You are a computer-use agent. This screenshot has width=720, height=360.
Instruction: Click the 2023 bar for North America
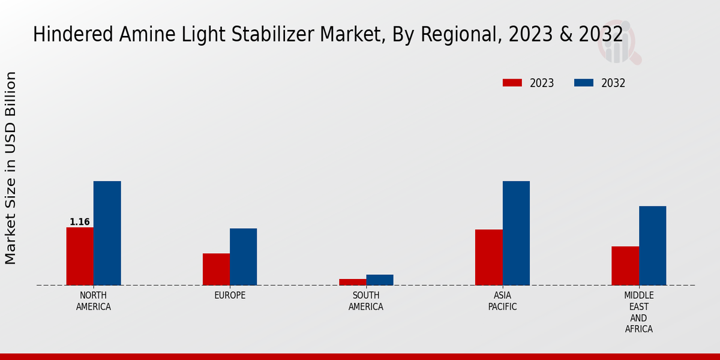pos(80,256)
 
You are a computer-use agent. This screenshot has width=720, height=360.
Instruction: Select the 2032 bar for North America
pos(107,233)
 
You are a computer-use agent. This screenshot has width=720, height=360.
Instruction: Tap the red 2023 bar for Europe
pos(216,269)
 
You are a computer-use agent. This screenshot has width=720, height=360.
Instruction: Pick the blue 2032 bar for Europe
pos(243,256)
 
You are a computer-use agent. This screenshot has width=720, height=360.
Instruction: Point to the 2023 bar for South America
pos(352,282)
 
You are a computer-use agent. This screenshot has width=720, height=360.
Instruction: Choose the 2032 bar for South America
pos(380,280)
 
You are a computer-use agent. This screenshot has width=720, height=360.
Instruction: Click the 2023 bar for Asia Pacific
pos(488,257)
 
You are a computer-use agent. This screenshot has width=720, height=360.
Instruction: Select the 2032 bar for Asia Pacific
pos(516,233)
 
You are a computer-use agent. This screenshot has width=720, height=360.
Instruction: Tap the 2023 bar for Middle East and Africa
pos(625,265)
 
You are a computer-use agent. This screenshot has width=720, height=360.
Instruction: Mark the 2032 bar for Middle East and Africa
pos(652,245)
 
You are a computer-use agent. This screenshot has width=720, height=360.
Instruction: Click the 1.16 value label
pos(80,222)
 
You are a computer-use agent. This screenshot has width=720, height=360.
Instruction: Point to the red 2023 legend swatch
pos(512,83)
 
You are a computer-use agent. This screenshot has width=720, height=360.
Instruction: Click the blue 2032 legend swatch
pos(584,83)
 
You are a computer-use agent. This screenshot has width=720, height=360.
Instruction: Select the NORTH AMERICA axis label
pos(94,301)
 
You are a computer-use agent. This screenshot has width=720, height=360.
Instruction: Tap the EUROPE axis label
pos(230,296)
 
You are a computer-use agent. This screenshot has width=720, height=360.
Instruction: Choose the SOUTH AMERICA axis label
pos(366,301)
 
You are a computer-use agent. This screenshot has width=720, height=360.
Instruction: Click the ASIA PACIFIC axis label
pos(502,301)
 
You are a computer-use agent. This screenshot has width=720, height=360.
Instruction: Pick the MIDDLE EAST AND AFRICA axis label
pos(639,312)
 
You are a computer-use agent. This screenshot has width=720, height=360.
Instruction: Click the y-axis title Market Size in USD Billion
pos(11,168)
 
